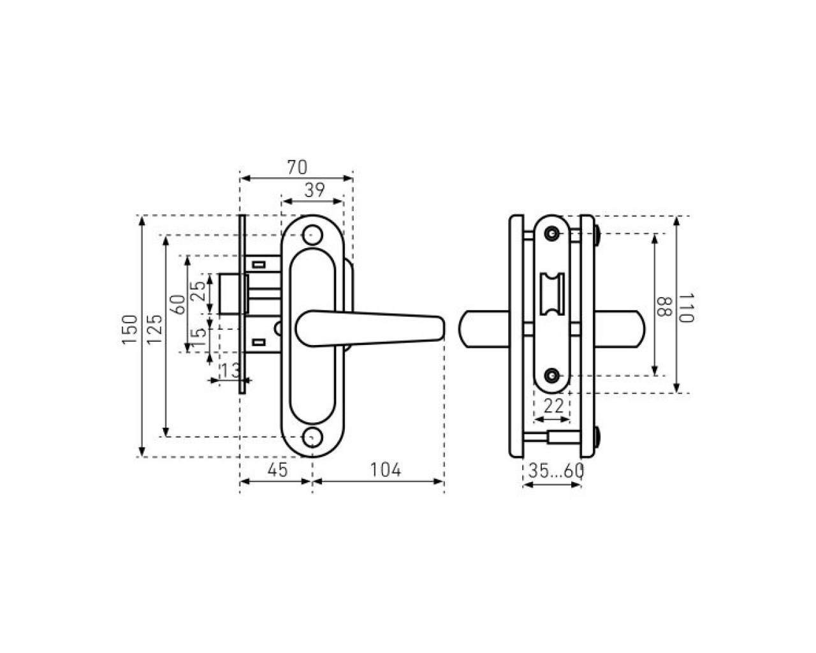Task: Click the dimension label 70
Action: pos(297,167)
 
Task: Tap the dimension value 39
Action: pos(315,191)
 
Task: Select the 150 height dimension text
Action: pos(130,329)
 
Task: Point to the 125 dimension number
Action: pos(155,329)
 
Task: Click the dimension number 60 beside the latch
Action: pos(178,304)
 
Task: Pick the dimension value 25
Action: pos(198,291)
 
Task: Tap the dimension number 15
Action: pos(198,337)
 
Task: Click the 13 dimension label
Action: pos(231,371)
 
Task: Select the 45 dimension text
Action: pos(277,471)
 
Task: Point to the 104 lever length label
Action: pos(385,471)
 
